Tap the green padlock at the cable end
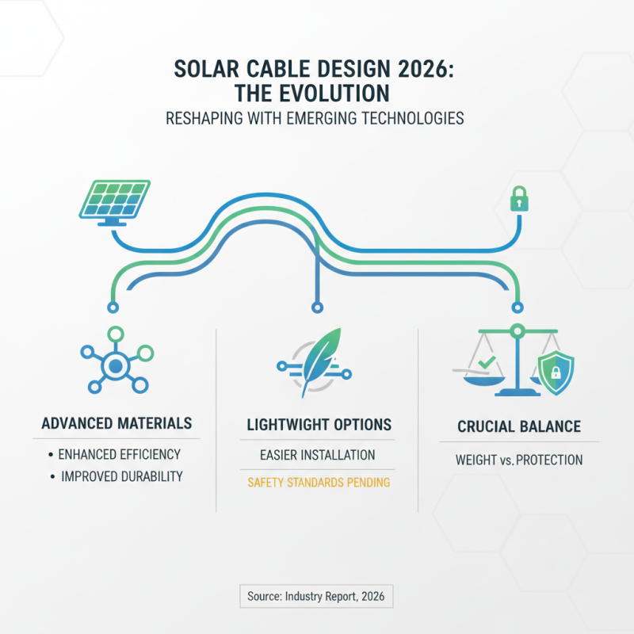pyautogui.click(x=518, y=200)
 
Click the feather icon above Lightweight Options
pyautogui.click(x=316, y=364)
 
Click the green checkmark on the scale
pyautogui.click(x=486, y=362)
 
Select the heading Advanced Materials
pyautogui.click(x=116, y=424)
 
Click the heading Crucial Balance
pyautogui.click(x=519, y=427)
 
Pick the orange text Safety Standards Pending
pyautogui.click(x=318, y=482)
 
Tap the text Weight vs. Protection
pyautogui.click(x=519, y=459)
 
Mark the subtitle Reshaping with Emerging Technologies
pyautogui.click(x=316, y=119)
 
